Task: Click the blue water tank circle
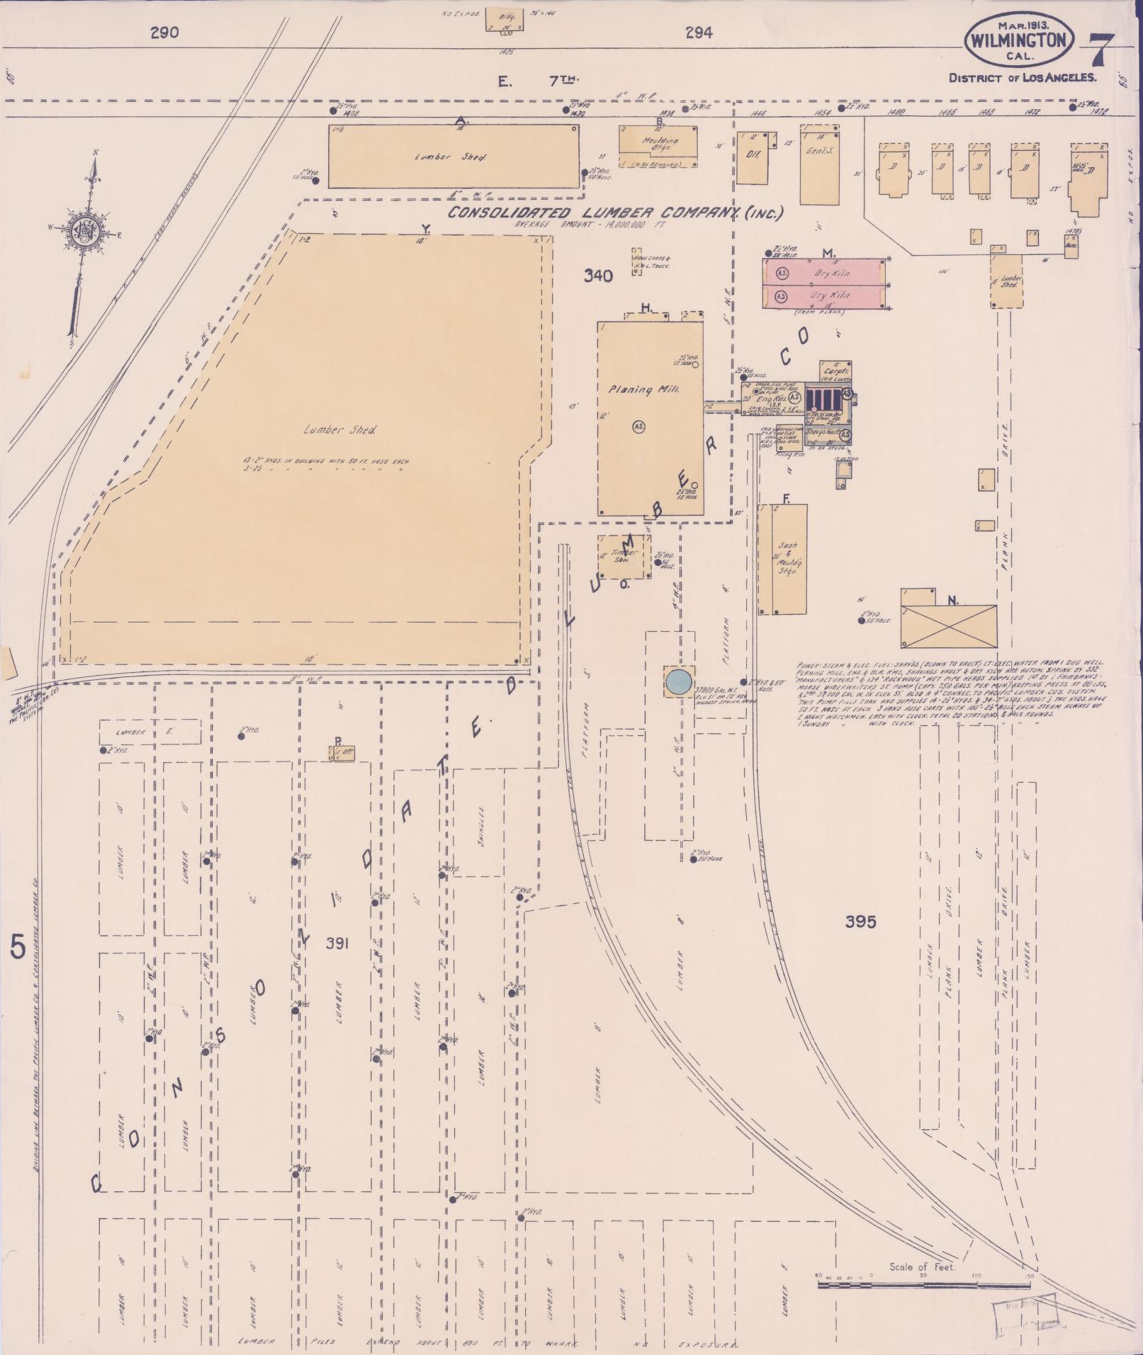[x=678, y=681]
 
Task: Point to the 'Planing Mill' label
[x=644, y=390]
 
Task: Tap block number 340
[x=598, y=277]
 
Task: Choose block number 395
[x=860, y=922]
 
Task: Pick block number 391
[x=339, y=943]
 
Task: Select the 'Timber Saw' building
[x=624, y=555]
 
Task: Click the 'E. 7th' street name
[x=538, y=81]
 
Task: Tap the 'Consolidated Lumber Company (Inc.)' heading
[x=615, y=213]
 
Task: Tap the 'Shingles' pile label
[x=480, y=822]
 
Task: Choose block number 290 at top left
[x=164, y=32]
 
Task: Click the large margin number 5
[x=18, y=946]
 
